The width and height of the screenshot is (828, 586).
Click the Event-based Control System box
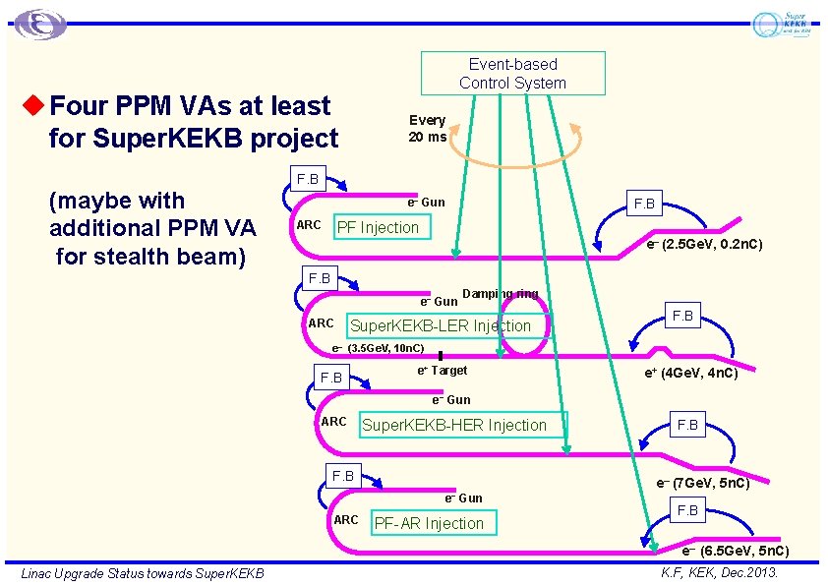point(512,74)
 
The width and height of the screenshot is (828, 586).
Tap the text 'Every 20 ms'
point(428,129)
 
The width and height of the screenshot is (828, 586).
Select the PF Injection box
point(378,228)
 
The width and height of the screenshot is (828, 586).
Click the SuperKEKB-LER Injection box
point(441,325)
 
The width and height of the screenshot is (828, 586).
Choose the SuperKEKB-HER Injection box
point(454,425)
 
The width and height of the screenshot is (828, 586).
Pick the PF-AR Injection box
point(429,523)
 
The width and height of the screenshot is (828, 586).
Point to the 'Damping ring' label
point(500,294)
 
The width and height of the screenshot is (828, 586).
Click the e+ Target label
point(443,371)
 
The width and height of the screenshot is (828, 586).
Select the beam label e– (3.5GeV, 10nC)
point(378,348)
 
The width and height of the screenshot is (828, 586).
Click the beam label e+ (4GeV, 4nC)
point(690,373)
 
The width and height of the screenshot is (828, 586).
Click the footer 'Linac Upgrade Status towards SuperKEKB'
point(143,572)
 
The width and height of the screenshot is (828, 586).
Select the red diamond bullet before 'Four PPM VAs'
point(36,104)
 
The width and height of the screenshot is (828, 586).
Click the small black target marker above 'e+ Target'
point(442,356)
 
